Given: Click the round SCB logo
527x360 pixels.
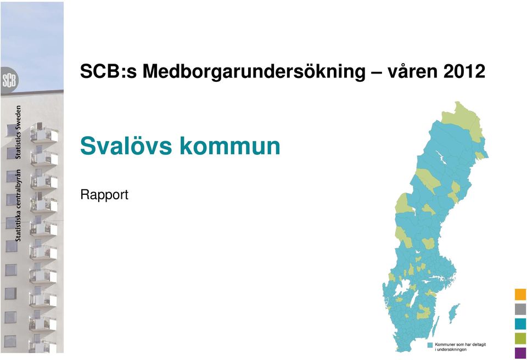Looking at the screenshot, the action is (x=9, y=81).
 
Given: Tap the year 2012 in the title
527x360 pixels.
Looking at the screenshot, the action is (x=464, y=71).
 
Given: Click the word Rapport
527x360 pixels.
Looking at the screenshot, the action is (x=104, y=195).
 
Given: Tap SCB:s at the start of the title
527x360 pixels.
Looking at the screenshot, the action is (x=109, y=71).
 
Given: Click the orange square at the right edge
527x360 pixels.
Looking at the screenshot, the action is (x=520, y=295).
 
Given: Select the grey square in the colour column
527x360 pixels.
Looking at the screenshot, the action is (x=520, y=309).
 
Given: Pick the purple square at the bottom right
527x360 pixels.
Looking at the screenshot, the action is (x=520, y=353).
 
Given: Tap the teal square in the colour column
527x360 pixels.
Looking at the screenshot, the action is (x=520, y=324).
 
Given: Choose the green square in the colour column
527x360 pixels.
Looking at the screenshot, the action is (x=520, y=338).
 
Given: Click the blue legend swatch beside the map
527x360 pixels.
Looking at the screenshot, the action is (x=430, y=345).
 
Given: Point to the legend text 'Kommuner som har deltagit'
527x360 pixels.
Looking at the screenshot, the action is (x=460, y=345).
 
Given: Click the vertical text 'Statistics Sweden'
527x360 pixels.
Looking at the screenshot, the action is (x=18, y=132).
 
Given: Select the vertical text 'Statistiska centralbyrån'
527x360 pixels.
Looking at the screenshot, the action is (x=18, y=205).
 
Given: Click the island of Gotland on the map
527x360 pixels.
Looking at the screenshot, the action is (x=454, y=313).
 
